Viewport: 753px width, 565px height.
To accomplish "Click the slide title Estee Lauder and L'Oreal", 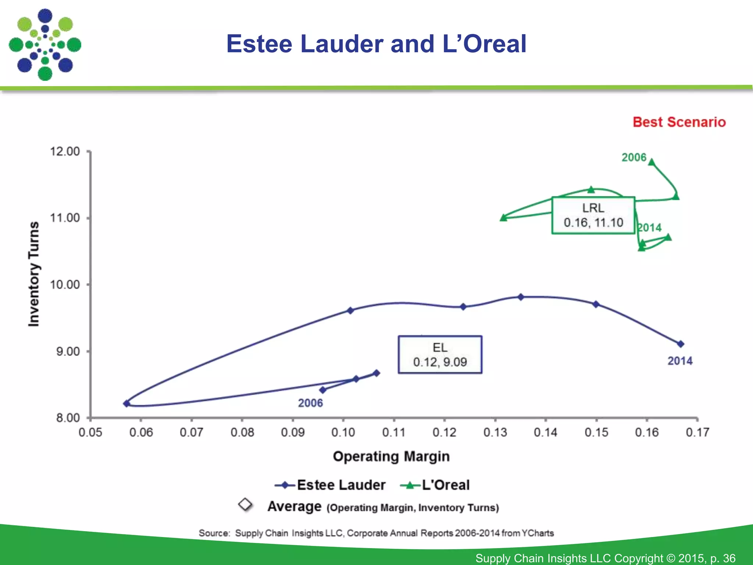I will coord(376,44).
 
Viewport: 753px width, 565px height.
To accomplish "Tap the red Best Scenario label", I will coord(679,122).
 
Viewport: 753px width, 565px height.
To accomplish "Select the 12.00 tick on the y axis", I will coord(65,152).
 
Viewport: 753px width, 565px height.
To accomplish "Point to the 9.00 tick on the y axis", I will coord(68,351).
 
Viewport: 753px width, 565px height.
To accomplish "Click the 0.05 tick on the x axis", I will coord(90,432).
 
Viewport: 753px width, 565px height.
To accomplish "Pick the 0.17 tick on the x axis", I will coord(697,432).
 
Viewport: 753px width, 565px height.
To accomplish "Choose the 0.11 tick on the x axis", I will coord(394,432).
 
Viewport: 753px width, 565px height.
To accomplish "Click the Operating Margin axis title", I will coord(391,456).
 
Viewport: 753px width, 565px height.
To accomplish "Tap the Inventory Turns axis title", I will coord(34,274).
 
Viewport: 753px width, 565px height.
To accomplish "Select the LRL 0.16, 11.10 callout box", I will coord(593,216).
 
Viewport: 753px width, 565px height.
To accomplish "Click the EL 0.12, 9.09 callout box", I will coord(440,355).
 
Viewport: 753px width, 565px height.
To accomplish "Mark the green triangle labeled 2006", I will coord(652,162).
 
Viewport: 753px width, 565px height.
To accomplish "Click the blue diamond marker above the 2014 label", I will coord(681,344).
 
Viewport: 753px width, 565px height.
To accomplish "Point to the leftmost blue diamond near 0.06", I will coord(126,404).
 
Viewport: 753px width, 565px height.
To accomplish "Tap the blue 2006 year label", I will coord(310,403).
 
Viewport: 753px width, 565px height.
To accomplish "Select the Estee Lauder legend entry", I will coord(330,485).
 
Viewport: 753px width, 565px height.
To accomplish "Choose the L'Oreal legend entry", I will coord(435,485).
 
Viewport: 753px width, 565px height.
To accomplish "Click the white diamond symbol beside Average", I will coord(245,505).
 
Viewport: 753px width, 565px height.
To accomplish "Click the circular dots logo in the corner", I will coord(45,45).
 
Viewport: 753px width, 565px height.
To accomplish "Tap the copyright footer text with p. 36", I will coord(605,558).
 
